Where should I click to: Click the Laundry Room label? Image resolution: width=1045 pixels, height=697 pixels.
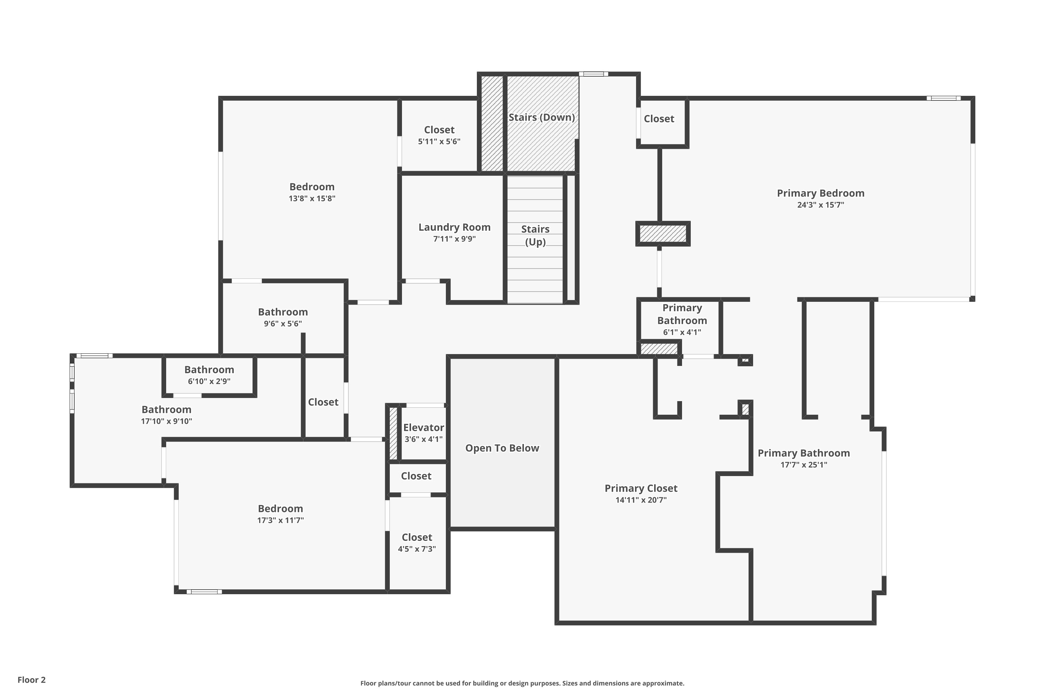coord(454,227)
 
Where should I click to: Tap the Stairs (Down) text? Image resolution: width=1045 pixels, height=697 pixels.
coord(541,117)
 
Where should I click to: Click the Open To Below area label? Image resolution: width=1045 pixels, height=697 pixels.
coord(502,448)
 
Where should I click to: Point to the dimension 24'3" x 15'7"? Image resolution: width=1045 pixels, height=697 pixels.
coord(820,205)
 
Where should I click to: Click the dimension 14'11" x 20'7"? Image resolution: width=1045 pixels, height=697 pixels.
coord(641,500)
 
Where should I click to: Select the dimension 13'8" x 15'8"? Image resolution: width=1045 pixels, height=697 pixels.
coord(312,199)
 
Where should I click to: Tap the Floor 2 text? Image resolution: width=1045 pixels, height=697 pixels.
coord(32,680)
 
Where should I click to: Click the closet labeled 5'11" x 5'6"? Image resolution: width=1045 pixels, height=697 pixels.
coord(439,130)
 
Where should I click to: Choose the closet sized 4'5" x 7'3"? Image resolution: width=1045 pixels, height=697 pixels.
coord(417,537)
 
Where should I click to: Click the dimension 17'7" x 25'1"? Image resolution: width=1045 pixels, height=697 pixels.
coord(803,465)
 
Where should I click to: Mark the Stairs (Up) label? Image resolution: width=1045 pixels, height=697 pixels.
coord(535,236)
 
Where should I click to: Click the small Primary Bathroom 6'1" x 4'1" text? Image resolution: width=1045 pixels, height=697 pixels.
coord(682,320)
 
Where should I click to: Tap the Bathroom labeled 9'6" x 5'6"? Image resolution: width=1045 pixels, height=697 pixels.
coord(282,312)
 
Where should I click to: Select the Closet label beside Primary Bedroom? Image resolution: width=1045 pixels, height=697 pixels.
coord(659,119)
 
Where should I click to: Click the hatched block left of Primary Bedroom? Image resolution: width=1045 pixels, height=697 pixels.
coord(663,233)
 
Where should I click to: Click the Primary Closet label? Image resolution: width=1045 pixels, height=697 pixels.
coord(641,488)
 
